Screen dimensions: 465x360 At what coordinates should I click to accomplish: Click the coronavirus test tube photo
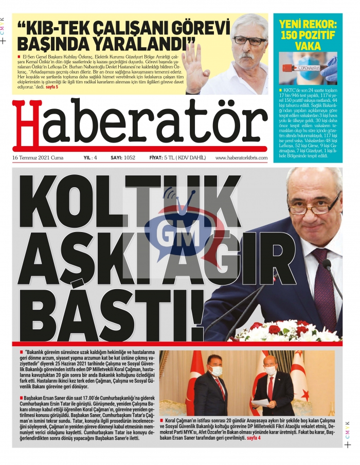pyautogui.click(x=308, y=67)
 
